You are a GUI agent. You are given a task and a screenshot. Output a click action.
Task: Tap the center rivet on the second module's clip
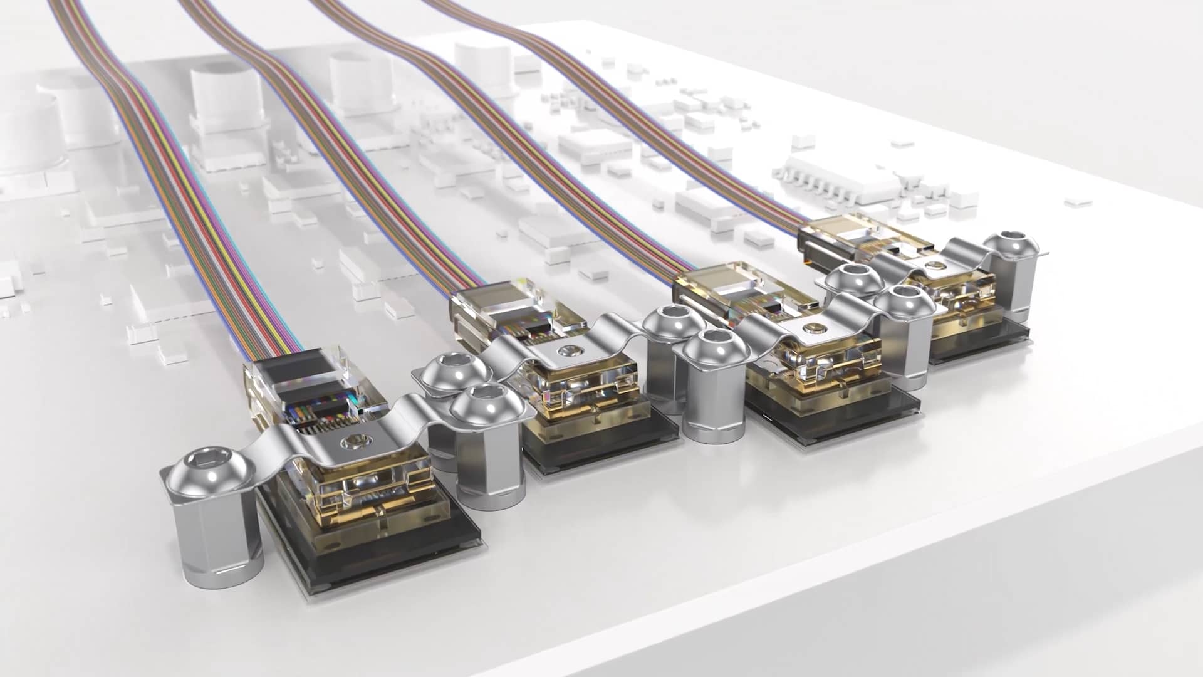point(570,352)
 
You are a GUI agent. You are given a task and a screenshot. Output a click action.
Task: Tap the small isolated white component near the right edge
point(1078,202)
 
